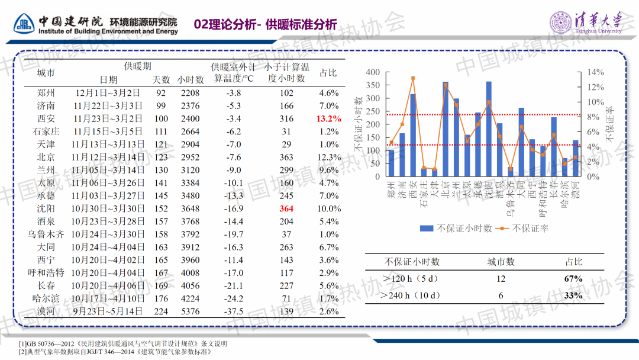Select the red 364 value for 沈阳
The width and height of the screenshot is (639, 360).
pyautogui.click(x=286, y=208)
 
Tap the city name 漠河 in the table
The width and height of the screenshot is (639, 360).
pyautogui.click(x=46, y=311)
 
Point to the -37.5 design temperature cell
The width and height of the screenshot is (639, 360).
pyautogui.click(x=234, y=311)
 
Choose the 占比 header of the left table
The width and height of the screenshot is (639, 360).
pyautogui.click(x=328, y=73)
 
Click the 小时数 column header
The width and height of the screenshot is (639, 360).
pyautogui.click(x=191, y=79)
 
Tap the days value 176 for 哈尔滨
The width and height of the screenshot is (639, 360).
pyautogui.click(x=161, y=298)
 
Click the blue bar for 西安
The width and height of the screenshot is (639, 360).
pyautogui.click(x=413, y=135)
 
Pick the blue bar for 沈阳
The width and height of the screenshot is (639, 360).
pyautogui.click(x=489, y=129)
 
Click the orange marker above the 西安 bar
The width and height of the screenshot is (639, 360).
pyautogui.click(x=413, y=78)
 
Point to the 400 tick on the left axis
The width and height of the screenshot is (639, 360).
pyautogui.click(x=373, y=72)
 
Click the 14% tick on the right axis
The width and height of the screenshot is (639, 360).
pyautogui.click(x=595, y=72)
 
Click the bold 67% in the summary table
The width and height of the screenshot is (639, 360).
pyautogui.click(x=573, y=279)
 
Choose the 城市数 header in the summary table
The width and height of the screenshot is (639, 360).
pyautogui.click(x=501, y=262)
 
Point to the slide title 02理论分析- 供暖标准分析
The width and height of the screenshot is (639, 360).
pyautogui.click(x=266, y=24)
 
